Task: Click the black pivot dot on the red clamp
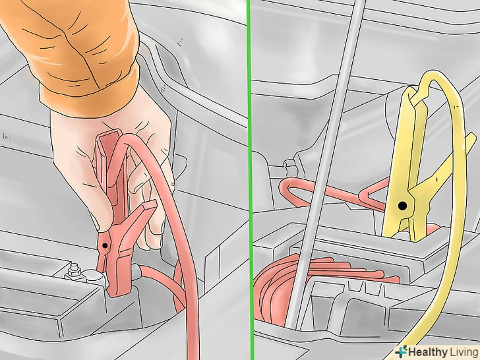pos(105,245)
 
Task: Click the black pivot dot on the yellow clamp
pos(403,206)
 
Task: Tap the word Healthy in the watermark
pos(428,351)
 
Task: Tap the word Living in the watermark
pos(464,351)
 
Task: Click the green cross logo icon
pos(402,351)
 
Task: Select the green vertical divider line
pos(250,180)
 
